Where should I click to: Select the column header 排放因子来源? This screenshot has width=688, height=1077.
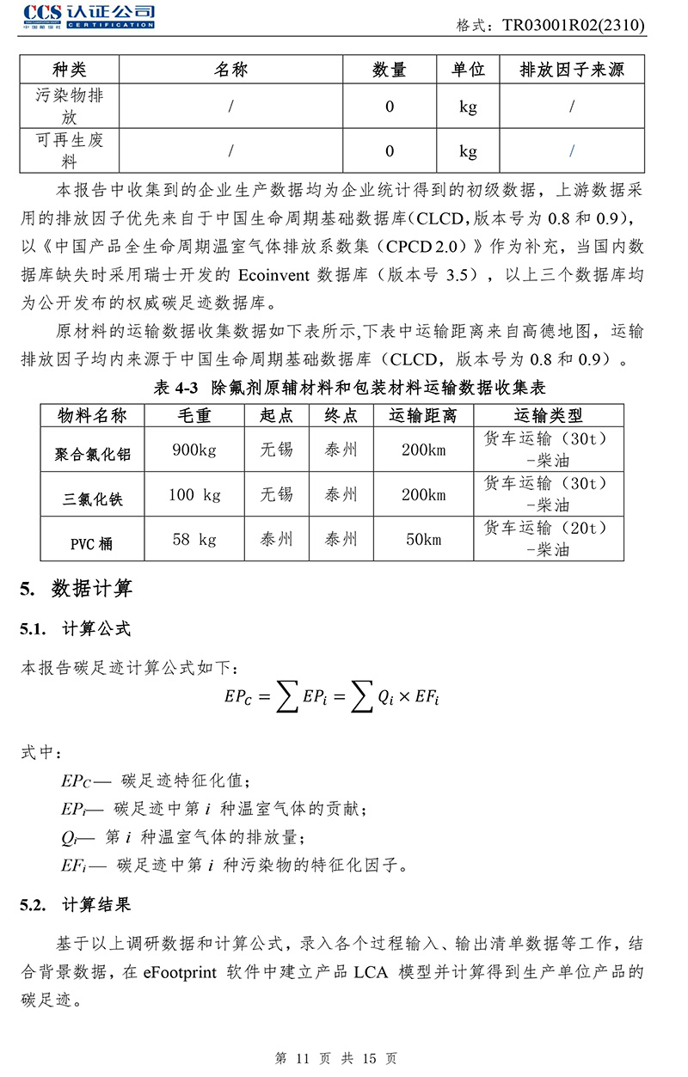click(572, 70)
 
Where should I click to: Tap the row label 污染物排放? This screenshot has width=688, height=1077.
click(70, 106)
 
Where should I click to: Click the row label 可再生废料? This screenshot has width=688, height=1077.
click(70, 150)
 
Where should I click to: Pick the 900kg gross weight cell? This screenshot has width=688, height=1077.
click(194, 450)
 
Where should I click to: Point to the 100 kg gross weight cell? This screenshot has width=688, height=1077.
click(194, 494)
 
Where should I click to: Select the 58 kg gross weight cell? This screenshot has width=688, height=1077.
click(194, 540)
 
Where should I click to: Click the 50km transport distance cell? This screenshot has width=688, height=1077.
click(424, 540)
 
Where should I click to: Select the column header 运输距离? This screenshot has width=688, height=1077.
click(424, 416)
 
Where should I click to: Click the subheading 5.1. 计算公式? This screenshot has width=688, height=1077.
click(76, 629)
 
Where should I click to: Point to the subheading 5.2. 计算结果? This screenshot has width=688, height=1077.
click(76, 904)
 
